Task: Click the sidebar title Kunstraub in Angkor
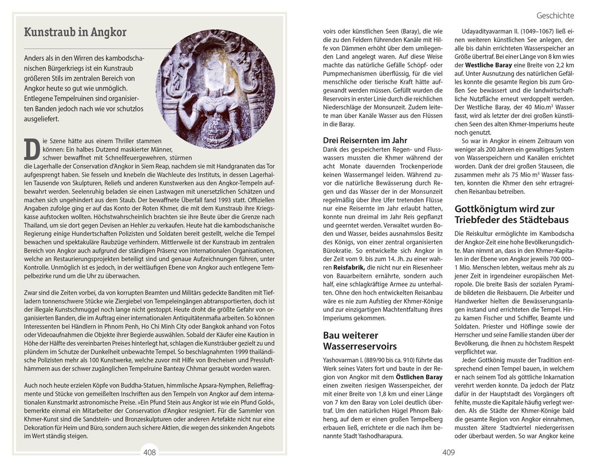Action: [75, 32]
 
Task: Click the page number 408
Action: [149, 452]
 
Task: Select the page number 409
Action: [448, 452]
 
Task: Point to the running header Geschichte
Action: [555, 16]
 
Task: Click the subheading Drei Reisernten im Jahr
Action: [365, 140]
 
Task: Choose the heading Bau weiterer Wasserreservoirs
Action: [360, 341]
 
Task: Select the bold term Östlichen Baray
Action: [419, 377]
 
